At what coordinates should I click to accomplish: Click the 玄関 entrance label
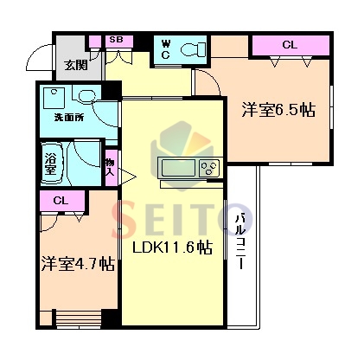click(76, 66)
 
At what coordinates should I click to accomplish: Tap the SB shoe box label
click(117, 40)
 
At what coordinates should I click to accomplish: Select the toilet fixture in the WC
click(193, 49)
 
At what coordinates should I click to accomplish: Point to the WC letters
click(165, 50)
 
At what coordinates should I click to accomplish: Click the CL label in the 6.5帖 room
click(290, 45)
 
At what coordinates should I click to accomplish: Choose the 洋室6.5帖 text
click(278, 110)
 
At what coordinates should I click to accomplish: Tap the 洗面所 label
click(69, 118)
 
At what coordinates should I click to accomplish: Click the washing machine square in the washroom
click(54, 98)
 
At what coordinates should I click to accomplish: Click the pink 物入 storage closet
click(112, 167)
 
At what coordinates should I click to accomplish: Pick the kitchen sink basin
click(178, 168)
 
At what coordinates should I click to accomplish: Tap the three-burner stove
click(210, 168)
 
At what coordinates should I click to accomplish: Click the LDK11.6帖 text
click(172, 247)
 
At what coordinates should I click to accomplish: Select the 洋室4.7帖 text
click(78, 263)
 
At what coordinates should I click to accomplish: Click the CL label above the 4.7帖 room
click(61, 201)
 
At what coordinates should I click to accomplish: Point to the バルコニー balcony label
click(241, 241)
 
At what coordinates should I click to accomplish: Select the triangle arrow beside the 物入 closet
click(126, 177)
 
